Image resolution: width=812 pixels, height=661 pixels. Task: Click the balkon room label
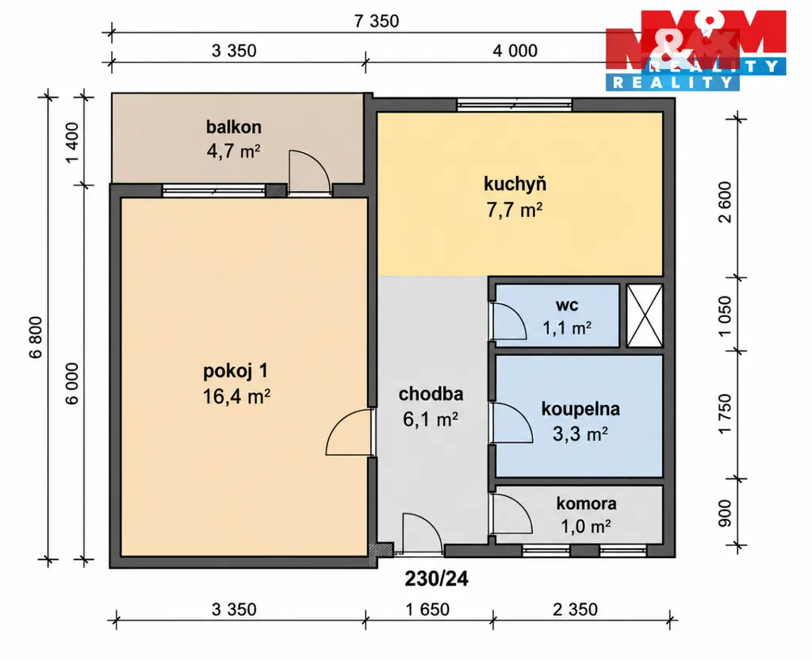click(x=234, y=127)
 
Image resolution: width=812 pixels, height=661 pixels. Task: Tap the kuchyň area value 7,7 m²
click(x=514, y=210)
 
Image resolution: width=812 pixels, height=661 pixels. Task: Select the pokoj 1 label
click(x=236, y=371)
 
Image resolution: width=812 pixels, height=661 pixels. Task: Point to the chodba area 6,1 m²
click(x=431, y=418)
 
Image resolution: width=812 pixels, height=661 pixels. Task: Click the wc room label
click(x=567, y=305)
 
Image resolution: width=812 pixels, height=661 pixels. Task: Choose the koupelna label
click(x=580, y=408)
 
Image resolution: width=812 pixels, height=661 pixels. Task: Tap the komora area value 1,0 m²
click(x=586, y=526)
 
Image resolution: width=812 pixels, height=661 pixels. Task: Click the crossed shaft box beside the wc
click(x=645, y=315)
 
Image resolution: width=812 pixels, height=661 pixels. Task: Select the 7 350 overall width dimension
click(x=377, y=21)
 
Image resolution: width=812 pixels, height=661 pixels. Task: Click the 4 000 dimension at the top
click(x=515, y=51)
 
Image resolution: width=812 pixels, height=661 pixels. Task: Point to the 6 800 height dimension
click(x=35, y=338)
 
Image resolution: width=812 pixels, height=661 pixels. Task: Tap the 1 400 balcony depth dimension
click(x=72, y=142)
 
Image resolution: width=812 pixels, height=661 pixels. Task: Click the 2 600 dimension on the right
click(x=725, y=202)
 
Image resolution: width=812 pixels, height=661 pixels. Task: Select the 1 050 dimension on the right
click(x=725, y=315)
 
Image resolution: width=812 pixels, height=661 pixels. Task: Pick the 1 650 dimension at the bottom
click(x=427, y=609)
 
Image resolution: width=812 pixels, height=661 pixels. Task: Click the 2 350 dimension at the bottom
click(x=575, y=609)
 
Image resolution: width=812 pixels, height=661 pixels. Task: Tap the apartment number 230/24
click(x=437, y=579)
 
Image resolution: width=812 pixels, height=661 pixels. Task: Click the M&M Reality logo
click(x=695, y=50)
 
